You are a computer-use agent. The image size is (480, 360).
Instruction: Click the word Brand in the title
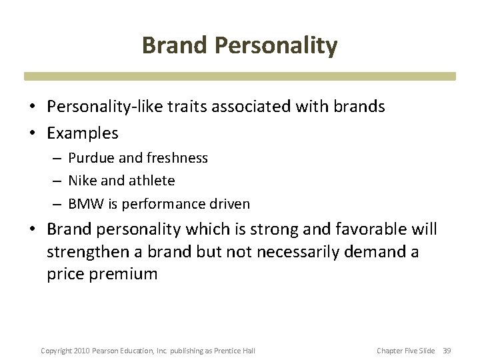(173, 46)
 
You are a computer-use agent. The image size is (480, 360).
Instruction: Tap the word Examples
(83, 133)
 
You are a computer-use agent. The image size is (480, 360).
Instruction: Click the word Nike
(81, 181)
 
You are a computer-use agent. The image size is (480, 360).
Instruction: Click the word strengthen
(87, 252)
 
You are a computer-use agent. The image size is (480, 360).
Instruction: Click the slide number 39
(447, 351)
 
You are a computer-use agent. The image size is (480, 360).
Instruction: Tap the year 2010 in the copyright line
(80, 351)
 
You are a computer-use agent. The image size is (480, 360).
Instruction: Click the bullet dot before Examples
(32, 133)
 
